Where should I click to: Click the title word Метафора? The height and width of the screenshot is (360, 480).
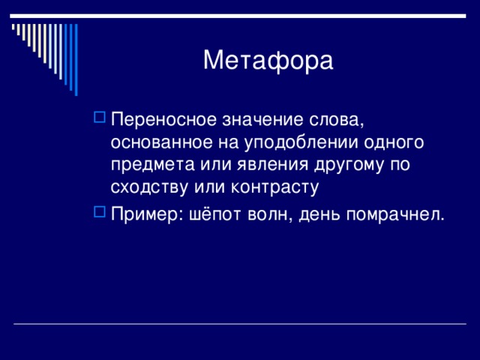(268, 60)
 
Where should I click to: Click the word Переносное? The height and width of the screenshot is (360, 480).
(163, 119)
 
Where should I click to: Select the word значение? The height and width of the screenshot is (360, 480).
(262, 119)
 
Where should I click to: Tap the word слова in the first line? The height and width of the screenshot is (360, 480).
(336, 120)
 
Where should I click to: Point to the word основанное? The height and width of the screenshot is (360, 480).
(161, 143)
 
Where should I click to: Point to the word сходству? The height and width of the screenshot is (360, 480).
(149, 187)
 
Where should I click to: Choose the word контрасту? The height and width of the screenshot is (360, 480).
(275, 187)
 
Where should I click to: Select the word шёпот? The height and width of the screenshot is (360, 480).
(215, 214)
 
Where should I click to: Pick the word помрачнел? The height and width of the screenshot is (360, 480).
(395, 214)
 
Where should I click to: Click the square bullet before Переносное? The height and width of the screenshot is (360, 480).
(100, 117)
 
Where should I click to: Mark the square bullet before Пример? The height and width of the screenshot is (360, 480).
(100, 211)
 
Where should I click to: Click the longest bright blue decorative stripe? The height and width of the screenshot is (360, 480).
(76, 60)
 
